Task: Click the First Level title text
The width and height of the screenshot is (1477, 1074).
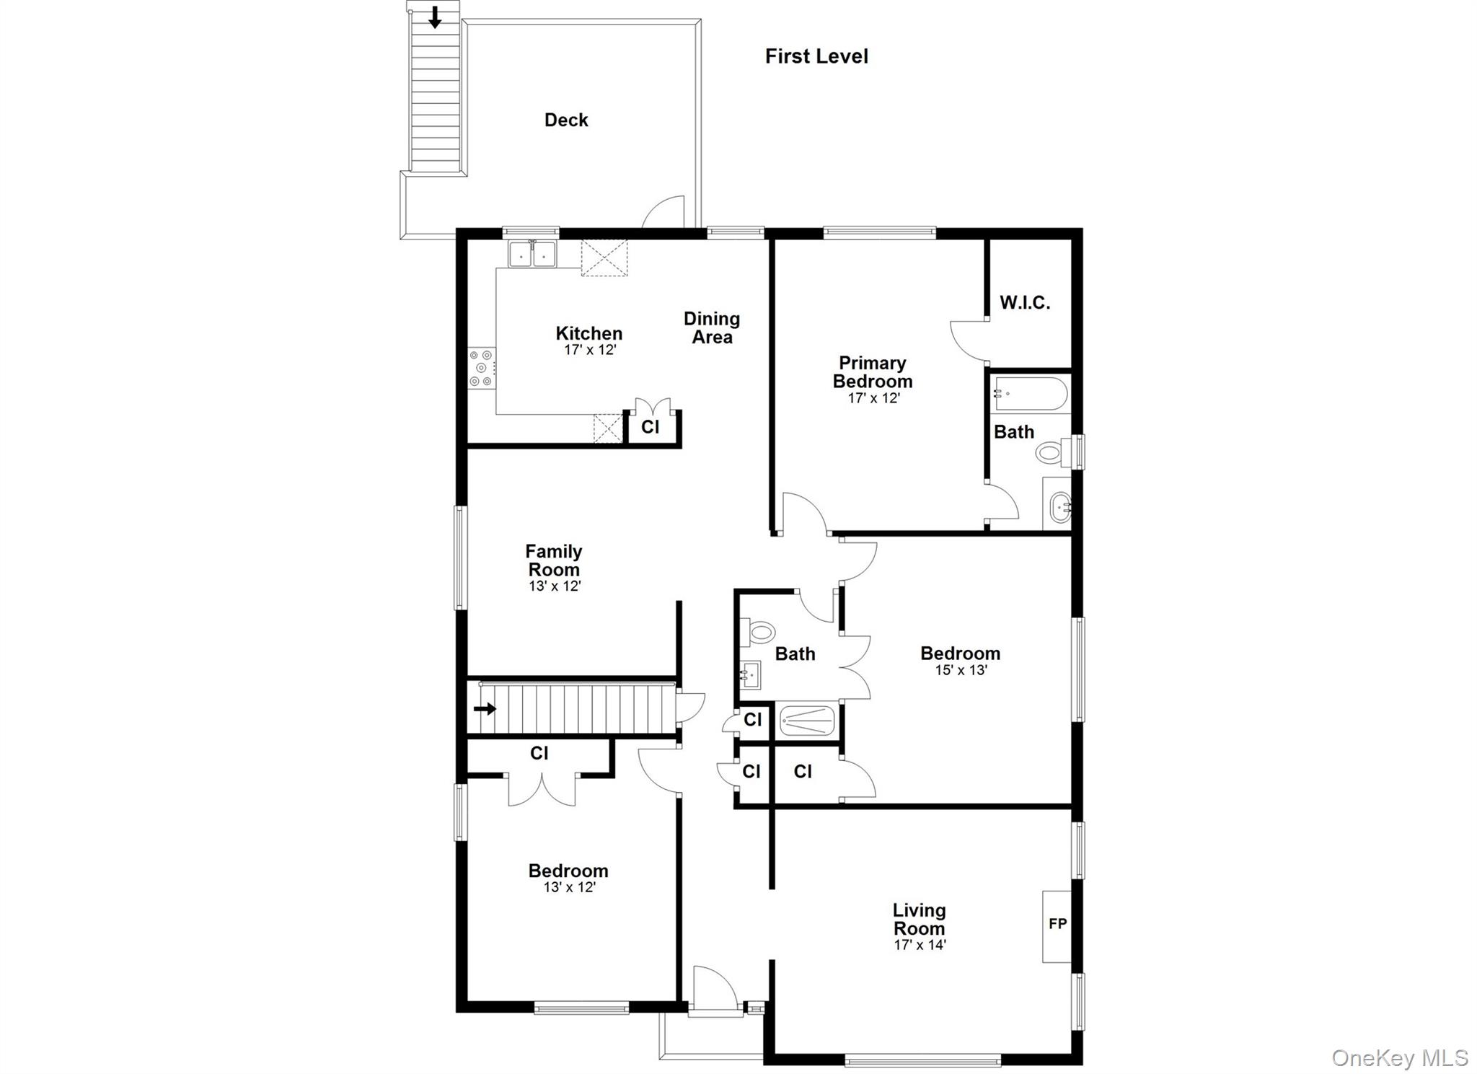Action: click(816, 56)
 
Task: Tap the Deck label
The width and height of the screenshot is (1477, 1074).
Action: click(566, 120)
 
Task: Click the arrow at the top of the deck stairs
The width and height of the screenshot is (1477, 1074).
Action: click(434, 17)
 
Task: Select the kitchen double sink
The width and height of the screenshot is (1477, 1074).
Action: click(532, 255)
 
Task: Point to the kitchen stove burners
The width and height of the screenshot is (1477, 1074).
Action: click(481, 368)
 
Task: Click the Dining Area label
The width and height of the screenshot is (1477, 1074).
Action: click(712, 327)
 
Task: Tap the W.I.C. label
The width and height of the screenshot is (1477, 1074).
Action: click(1025, 303)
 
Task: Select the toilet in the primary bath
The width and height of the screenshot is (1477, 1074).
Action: click(1053, 453)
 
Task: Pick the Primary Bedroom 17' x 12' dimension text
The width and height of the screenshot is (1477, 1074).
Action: click(873, 398)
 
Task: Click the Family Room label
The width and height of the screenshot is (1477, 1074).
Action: click(553, 560)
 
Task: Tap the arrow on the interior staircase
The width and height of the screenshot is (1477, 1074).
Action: click(485, 709)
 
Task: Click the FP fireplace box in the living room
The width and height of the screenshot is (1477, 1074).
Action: click(1057, 926)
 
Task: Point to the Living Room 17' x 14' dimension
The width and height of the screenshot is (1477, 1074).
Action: click(920, 945)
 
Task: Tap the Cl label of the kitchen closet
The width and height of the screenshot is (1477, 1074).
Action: click(650, 427)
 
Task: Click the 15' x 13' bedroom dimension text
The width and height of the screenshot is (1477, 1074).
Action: click(961, 670)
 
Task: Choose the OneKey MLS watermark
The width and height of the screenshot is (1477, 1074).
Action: click(1399, 1057)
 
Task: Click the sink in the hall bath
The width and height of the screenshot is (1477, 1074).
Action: click(750, 675)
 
